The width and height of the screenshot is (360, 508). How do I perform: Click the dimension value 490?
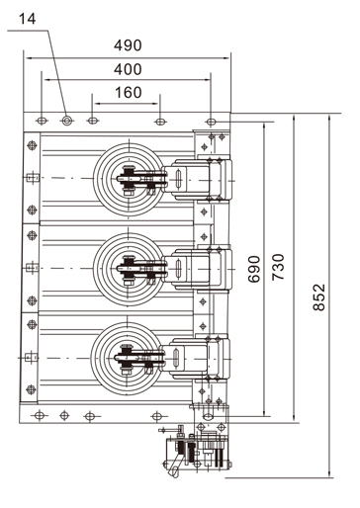pos(128,45)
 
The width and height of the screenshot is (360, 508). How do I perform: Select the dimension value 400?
pos(128,69)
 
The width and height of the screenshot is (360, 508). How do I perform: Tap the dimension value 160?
pos(129,93)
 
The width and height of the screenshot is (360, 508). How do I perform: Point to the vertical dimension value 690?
pos(254,269)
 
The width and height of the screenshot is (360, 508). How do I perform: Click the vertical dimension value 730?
pos(278,267)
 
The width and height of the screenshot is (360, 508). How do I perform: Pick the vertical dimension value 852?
pos(318,297)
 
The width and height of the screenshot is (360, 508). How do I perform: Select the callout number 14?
pos(27,19)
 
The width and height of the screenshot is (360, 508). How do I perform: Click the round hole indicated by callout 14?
pos(67,121)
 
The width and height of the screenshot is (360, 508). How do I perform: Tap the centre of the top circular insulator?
pos(129,179)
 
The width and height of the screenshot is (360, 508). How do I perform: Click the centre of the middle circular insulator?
pos(129,269)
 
